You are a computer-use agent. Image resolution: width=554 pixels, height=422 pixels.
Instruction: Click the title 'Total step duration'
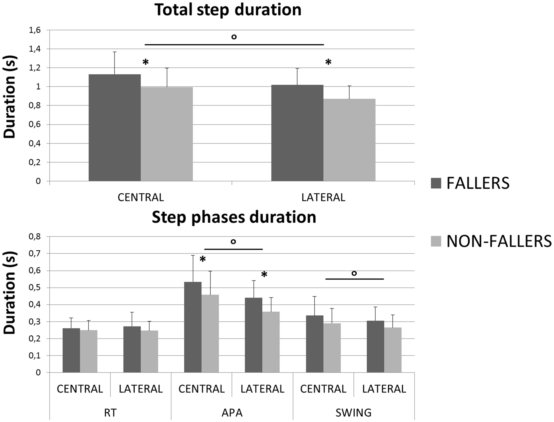pyautogui.click(x=228, y=10)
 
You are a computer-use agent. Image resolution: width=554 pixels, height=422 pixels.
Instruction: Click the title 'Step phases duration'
pyautogui.click(x=234, y=217)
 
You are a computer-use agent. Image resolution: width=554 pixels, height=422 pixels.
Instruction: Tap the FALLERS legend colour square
pyautogui.click(x=436, y=183)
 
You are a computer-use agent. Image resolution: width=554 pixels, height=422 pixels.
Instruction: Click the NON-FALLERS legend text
pyautogui.click(x=499, y=241)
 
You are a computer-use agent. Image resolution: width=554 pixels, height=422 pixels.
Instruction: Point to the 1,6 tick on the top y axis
pyautogui.click(x=34, y=30)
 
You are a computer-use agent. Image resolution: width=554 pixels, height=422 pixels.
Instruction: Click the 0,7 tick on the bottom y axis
pyautogui.click(x=34, y=253)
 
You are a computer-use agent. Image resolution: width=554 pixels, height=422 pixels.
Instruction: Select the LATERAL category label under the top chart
pyautogui.click(x=323, y=198)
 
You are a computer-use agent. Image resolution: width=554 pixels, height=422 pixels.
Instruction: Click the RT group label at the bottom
pyautogui.click(x=110, y=413)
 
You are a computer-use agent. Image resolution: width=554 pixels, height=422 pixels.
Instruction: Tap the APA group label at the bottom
pyautogui.click(x=232, y=413)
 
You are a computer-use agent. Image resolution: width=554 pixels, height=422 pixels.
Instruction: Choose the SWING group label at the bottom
pyautogui.click(x=353, y=413)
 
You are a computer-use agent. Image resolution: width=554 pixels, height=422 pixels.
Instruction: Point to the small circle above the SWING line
pyautogui.click(x=354, y=273)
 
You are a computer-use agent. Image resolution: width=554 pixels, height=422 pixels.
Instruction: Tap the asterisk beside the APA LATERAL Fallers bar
pyautogui.click(x=264, y=275)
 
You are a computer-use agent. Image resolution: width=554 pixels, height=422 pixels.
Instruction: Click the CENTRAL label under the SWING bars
pyautogui.click(x=323, y=389)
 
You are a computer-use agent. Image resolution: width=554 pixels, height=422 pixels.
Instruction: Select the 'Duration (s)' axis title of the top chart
pyautogui.click(x=10, y=97)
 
